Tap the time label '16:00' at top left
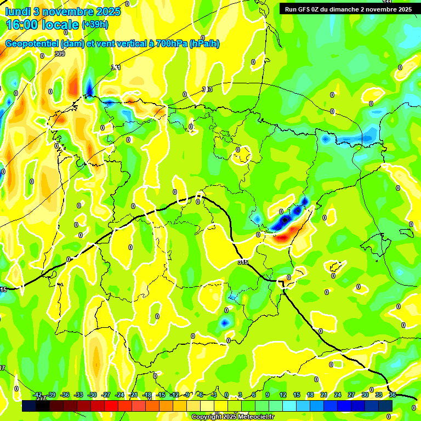tap(22, 24)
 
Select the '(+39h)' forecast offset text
tap(95, 24)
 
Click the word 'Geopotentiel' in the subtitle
tap(32, 44)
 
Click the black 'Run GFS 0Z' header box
tap(346, 9)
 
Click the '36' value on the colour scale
tap(392, 395)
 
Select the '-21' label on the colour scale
tap(133, 395)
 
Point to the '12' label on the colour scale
tap(283, 395)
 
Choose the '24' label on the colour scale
tap(338, 395)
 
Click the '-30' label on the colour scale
tap(92, 395)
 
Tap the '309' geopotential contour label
tap(60, 54)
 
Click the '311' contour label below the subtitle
tap(116, 67)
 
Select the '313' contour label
tap(207, 89)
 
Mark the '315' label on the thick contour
tap(243, 263)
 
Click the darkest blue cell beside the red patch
tap(285, 220)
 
